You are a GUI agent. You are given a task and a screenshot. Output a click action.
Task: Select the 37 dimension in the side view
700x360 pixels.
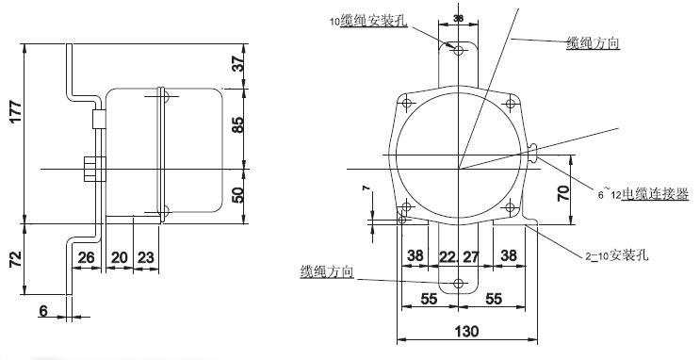pyautogui.click(x=237, y=64)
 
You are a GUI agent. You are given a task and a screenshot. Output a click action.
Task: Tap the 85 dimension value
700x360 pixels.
pyautogui.click(x=237, y=123)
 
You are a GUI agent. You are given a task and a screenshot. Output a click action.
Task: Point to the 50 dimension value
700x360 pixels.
pyautogui.click(x=237, y=194)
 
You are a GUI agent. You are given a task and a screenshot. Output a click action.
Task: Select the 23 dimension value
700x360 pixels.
pyautogui.click(x=145, y=257)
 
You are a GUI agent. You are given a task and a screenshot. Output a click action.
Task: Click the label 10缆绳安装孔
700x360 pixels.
pyautogui.click(x=368, y=21)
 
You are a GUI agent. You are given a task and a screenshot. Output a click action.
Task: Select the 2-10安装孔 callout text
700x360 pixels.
pyautogui.click(x=613, y=255)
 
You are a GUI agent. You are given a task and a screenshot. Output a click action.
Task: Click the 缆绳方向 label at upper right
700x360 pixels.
pyautogui.click(x=592, y=43)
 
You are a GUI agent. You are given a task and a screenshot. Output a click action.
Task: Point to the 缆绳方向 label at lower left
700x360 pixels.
pyautogui.click(x=326, y=272)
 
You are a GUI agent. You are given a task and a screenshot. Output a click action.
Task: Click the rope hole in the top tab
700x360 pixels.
pyautogui.click(x=458, y=52)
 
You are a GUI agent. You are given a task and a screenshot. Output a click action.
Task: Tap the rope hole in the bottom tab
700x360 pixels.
pyautogui.click(x=459, y=284)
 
